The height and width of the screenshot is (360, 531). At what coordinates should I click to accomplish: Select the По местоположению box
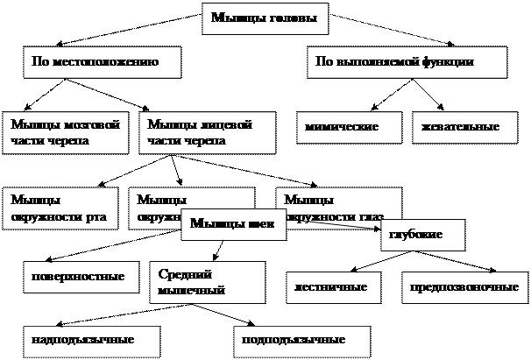tap(102, 62)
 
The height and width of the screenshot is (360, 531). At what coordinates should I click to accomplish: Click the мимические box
tap(347, 128)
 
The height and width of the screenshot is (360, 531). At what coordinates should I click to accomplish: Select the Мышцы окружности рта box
tap(60, 208)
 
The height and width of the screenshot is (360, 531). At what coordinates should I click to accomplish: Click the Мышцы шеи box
tap(233, 224)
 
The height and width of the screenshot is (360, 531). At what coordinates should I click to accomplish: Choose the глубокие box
tap(421, 236)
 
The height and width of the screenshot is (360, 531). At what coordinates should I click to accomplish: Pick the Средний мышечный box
tap(207, 281)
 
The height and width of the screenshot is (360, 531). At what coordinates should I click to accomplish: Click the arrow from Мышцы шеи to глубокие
tap(333, 226)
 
